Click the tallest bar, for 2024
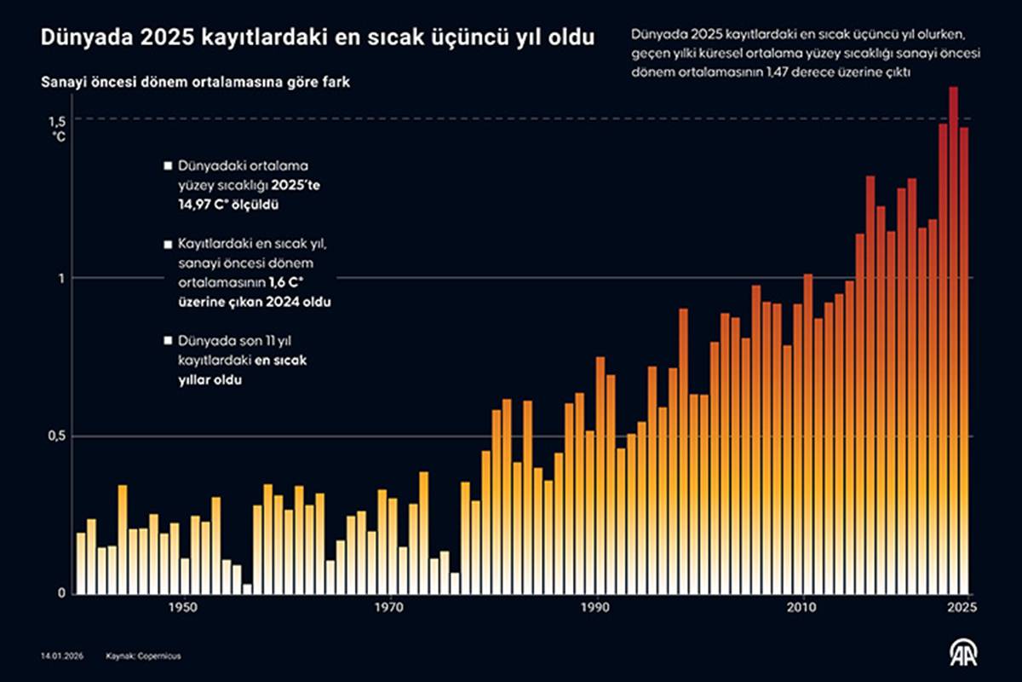[x=954, y=341]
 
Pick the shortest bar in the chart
[x=247, y=589]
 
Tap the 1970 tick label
[x=389, y=607]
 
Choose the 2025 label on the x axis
[x=962, y=607]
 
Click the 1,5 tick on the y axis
[x=56, y=119]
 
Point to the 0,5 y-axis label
[x=56, y=436]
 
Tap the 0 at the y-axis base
[x=62, y=593]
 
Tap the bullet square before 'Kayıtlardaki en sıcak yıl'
[x=169, y=245]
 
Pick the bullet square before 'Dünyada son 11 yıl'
[x=169, y=341]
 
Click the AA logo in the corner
[x=964, y=652]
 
